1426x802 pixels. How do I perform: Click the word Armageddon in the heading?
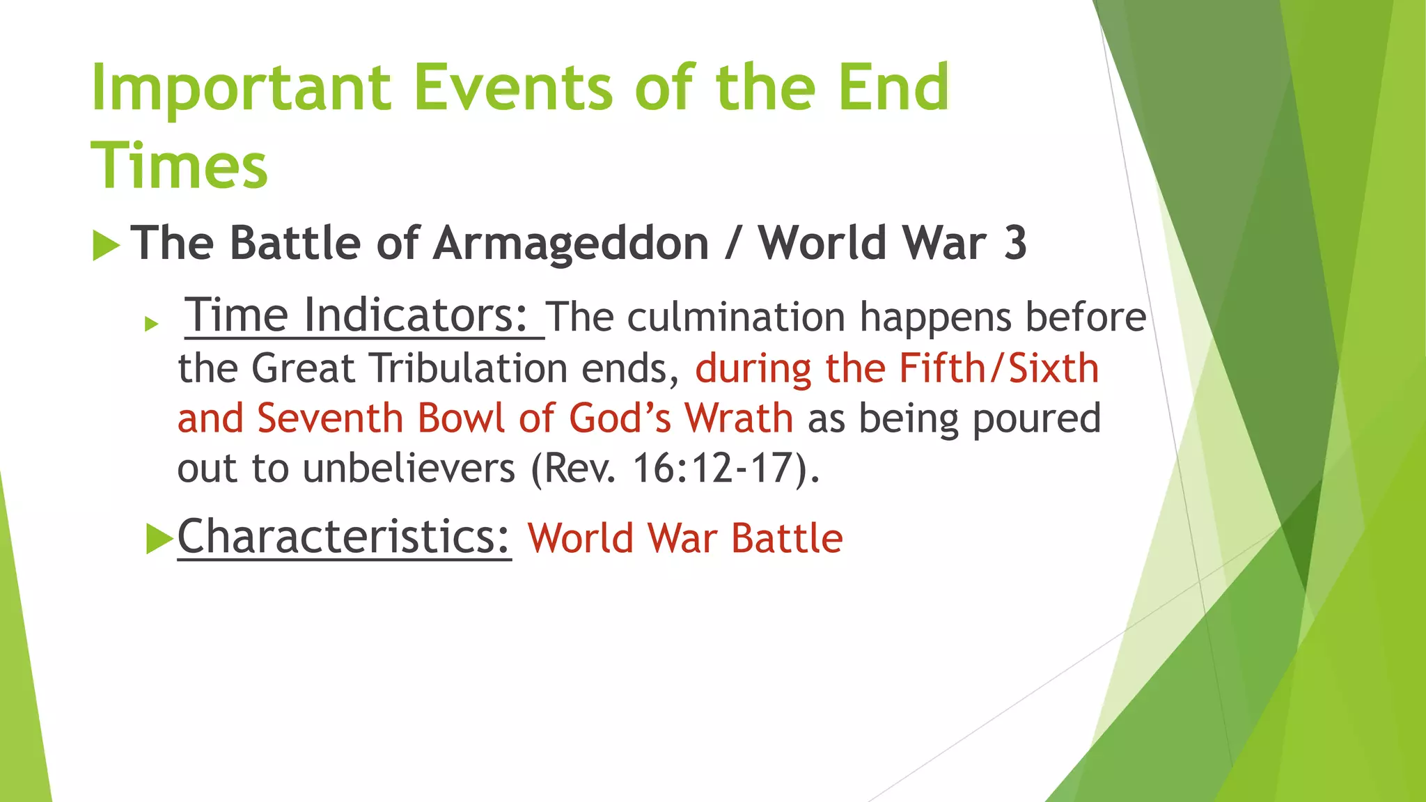click(571, 244)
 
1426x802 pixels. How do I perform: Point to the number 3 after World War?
click(1015, 244)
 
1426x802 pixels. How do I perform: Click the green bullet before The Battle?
click(106, 246)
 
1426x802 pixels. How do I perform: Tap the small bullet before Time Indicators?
click(152, 324)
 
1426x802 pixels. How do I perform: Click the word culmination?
click(735, 317)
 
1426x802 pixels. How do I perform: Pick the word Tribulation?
click(469, 368)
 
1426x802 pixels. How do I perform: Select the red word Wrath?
click(739, 418)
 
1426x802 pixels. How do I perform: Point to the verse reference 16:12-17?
click(713, 469)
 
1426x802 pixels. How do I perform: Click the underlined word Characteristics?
click(344, 537)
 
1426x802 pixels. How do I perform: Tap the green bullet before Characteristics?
click(159, 539)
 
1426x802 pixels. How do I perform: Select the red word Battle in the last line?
click(787, 539)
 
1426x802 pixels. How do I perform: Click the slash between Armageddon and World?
click(732, 244)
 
